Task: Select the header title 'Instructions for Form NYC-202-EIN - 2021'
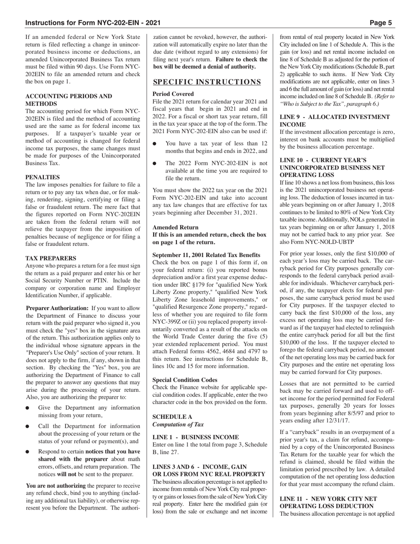(x=93, y=23)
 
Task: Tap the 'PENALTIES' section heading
(x=43, y=177)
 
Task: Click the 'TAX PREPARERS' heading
(x=51, y=258)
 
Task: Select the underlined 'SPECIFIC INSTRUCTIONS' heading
(x=207, y=82)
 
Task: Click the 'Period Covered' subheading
(x=173, y=94)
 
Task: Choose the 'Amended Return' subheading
(x=176, y=227)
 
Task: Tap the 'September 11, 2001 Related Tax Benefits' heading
(x=206, y=255)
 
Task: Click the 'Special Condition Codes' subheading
(x=185, y=379)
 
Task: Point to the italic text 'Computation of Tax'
(x=178, y=424)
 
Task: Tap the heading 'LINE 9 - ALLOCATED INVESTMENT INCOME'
(x=335, y=121)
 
